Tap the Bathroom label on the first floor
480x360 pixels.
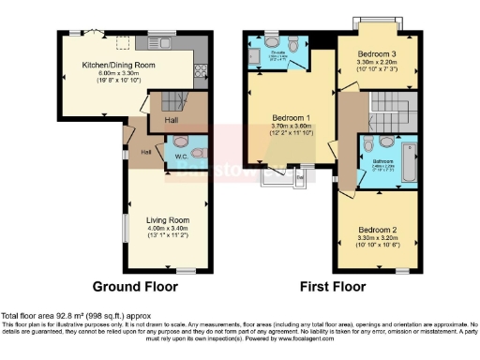pos(382,160)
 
